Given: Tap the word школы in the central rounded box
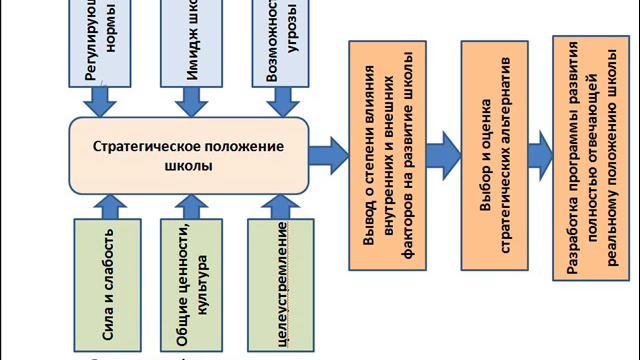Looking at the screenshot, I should pyautogui.click(x=188, y=166).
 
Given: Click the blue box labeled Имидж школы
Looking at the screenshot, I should pyautogui.click(x=190, y=42).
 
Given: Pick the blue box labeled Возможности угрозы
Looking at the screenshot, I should pyautogui.click(x=277, y=42).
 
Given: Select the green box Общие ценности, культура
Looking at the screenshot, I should pyautogui.click(x=190, y=283).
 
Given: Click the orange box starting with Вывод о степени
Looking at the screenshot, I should pyautogui.click(x=386, y=155).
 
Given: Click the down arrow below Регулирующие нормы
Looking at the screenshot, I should pyautogui.click(x=102, y=99).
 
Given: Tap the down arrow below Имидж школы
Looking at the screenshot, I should pyautogui.click(x=190, y=99).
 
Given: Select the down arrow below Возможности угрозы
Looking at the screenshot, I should pyautogui.click(x=277, y=99).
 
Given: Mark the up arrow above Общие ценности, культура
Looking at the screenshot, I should pyautogui.click(x=189, y=205).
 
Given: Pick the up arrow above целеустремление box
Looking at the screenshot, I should pyautogui.click(x=276, y=205).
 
